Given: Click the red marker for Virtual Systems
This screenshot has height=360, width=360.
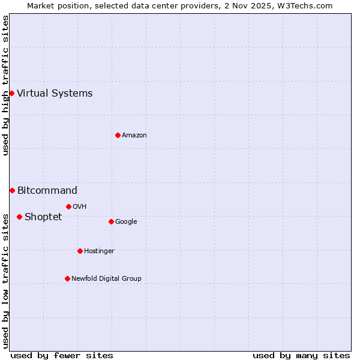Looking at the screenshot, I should pyautogui.click(x=11, y=93).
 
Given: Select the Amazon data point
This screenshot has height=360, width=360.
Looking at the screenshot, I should pyautogui.click(x=118, y=135).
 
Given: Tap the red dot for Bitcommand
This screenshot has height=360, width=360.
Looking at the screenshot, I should pyautogui.click(x=12, y=190).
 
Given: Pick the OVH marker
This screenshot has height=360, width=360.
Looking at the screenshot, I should pyautogui.click(x=68, y=206).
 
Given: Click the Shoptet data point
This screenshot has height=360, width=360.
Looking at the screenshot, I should pyautogui.click(x=19, y=217).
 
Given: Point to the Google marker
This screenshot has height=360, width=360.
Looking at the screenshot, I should pyautogui.click(x=111, y=221).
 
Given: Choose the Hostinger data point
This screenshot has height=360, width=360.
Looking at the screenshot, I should pyautogui.click(x=80, y=251).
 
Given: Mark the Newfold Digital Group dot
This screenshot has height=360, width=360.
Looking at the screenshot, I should pyautogui.click(x=67, y=278).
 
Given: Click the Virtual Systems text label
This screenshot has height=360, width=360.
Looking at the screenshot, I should pyautogui.click(x=55, y=93).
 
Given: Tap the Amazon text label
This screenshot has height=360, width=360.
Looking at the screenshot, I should pyautogui.click(x=134, y=135).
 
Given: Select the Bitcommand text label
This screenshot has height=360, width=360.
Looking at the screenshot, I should pyautogui.click(x=47, y=190).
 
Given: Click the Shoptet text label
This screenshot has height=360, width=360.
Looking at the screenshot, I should pyautogui.click(x=43, y=217).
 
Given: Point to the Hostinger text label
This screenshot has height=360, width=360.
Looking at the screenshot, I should pyautogui.click(x=99, y=251).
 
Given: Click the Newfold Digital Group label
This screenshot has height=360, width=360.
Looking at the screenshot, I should pyautogui.click(x=106, y=278).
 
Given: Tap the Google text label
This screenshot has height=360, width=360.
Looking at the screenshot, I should pyautogui.click(x=126, y=221).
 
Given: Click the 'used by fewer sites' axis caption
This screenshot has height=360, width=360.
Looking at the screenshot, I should pyautogui.click(x=62, y=355).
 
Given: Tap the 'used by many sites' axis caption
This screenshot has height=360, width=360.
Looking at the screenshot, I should pyautogui.click(x=301, y=355).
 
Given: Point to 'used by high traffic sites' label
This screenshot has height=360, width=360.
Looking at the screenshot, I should pyautogui.click(x=5, y=85).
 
